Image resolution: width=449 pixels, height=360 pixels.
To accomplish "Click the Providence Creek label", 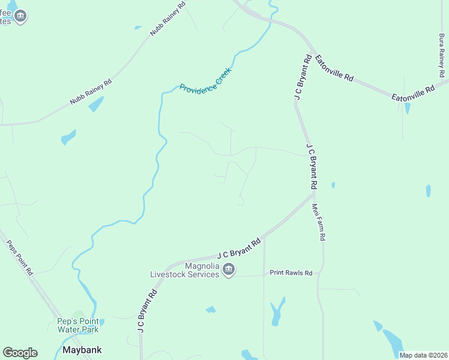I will click(x=205, y=80).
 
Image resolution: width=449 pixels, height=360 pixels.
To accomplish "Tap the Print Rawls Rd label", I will click(x=291, y=273).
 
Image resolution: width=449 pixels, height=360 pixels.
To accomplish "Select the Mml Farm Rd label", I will click(x=318, y=222).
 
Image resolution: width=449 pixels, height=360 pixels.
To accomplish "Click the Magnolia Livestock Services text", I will click(x=184, y=271).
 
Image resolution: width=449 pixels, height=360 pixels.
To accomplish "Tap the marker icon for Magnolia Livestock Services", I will click(x=228, y=271).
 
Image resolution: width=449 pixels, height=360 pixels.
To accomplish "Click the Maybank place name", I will click(x=82, y=350).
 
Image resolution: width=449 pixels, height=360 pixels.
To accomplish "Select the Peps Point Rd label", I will click(x=20, y=258).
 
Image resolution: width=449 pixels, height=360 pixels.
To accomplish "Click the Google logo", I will click(x=20, y=353).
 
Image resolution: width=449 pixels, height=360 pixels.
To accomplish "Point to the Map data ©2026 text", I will click(x=423, y=355).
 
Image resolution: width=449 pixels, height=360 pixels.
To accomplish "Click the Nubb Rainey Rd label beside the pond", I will click(x=91, y=92).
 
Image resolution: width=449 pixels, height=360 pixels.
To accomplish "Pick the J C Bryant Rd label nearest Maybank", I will click(x=147, y=311).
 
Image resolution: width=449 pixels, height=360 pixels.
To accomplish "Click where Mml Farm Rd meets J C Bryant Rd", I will click(x=313, y=193).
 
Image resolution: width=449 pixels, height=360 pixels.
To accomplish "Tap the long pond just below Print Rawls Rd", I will click(x=277, y=311).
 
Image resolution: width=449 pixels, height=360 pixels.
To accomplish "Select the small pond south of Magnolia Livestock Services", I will click(x=210, y=310).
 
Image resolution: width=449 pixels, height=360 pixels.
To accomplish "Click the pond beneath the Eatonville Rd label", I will click(x=408, y=108).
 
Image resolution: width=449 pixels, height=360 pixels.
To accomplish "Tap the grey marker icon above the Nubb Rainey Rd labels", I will click(x=20, y=16).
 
